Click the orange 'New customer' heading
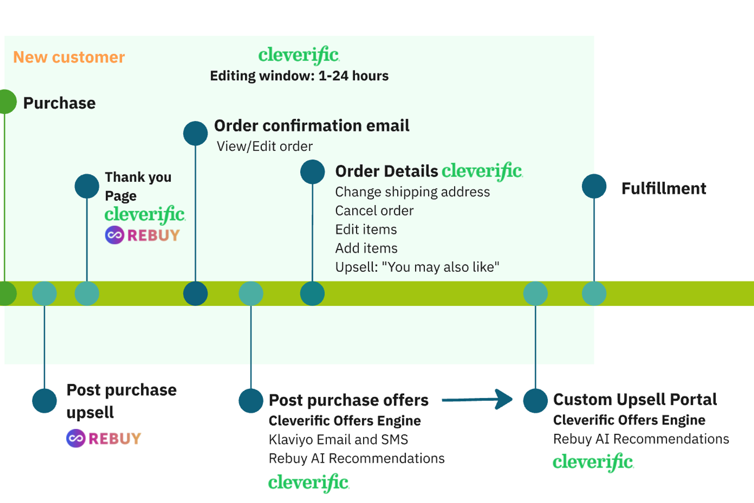(x=69, y=57)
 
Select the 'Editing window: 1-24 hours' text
(x=299, y=76)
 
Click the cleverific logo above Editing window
(x=299, y=55)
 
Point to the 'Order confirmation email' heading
(x=312, y=126)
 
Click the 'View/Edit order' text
(x=264, y=146)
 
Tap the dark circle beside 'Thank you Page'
(x=87, y=186)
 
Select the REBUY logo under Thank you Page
(x=142, y=235)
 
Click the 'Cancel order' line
(x=374, y=211)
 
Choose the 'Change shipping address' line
(x=412, y=192)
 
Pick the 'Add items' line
(x=366, y=248)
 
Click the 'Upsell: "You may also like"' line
(x=417, y=267)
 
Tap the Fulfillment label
(x=663, y=188)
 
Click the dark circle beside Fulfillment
(x=594, y=186)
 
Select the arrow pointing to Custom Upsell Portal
(x=477, y=399)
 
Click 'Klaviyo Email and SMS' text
(x=338, y=439)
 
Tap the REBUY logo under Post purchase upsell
(x=104, y=438)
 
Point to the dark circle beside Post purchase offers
(x=251, y=401)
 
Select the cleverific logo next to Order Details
(x=482, y=171)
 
